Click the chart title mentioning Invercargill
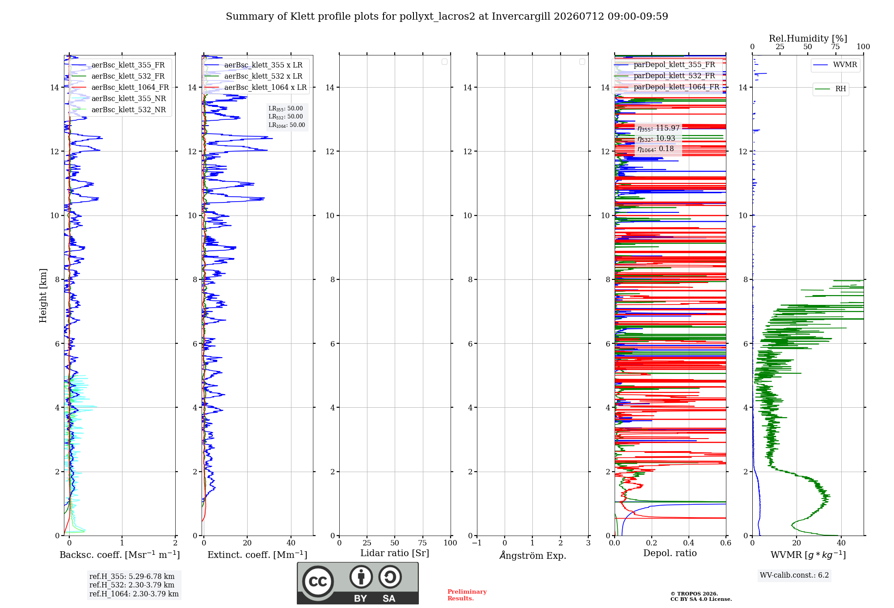447,17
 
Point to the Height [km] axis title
43,296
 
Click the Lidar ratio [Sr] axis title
395,553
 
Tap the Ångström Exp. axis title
533,555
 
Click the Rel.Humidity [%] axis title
808,38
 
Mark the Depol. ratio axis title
670,553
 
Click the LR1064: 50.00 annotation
287,125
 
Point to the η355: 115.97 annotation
658,128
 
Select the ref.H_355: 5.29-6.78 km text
132,577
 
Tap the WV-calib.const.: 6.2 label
794,575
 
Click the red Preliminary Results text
467,595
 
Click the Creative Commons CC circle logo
318,582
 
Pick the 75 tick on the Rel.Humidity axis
835,47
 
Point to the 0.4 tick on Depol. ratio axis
689,543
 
